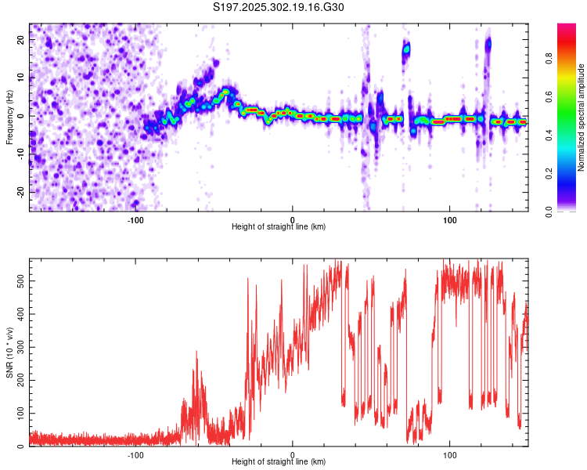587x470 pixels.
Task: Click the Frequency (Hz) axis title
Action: click(x=9, y=117)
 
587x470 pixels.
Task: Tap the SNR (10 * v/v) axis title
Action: click(x=9, y=352)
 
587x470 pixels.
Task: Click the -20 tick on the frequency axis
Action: click(x=20, y=192)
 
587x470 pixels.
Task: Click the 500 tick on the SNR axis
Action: click(x=19, y=279)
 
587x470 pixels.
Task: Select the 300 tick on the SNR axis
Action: click(x=19, y=346)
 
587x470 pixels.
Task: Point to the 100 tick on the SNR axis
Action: click(x=19, y=413)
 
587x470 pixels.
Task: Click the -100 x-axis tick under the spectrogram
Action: click(x=135, y=219)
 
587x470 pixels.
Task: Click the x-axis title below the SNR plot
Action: click(x=279, y=462)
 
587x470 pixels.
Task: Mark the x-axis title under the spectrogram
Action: click(x=279, y=227)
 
